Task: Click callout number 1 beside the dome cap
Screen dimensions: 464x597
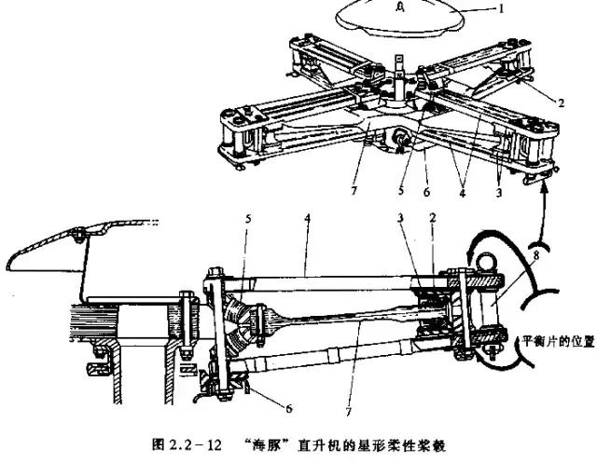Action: pyautogui.click(x=553, y=12)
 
